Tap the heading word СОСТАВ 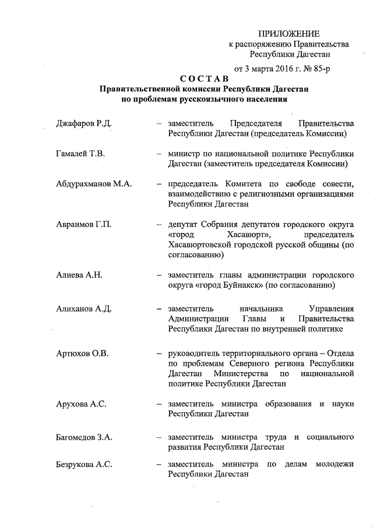coord(203,79)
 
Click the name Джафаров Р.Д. coord(83,124)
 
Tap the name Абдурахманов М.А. coord(94,185)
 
